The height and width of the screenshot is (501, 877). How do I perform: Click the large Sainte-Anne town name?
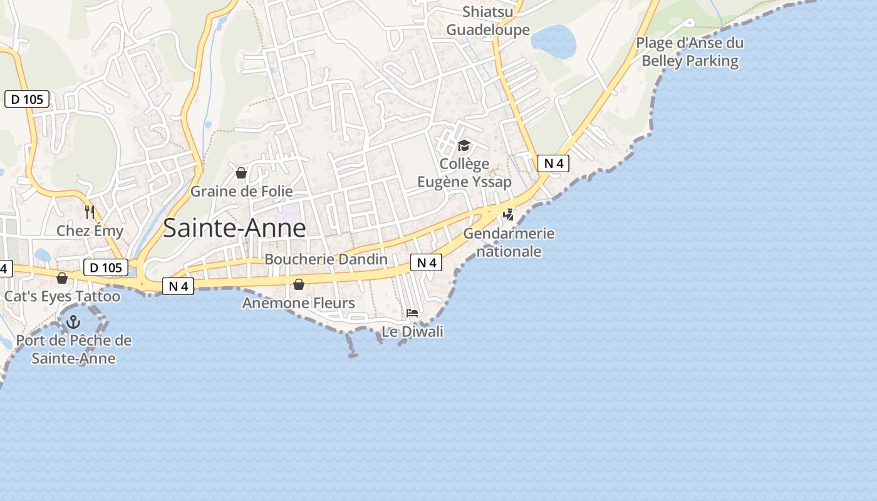pos(234,229)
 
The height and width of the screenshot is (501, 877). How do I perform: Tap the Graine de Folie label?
pos(241,191)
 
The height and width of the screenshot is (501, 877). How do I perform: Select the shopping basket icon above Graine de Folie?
pos(241,173)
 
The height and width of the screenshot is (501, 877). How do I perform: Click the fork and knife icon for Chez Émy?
pos(90,212)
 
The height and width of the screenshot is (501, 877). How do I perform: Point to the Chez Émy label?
pos(90,230)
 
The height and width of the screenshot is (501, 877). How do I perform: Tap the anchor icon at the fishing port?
pos(74,323)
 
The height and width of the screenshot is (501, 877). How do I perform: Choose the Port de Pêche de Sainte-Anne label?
pos(74,349)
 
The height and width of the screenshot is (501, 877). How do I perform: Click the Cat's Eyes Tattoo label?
pos(62,296)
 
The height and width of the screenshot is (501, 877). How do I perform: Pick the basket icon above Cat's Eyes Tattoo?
pos(62,277)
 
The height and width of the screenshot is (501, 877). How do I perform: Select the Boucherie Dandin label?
pos(326,259)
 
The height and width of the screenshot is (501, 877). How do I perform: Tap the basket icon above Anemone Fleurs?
pos(299,285)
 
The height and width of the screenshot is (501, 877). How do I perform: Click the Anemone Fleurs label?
pos(299,303)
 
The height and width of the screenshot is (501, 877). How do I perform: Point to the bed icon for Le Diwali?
pos(412,313)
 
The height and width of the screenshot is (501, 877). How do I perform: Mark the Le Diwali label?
pos(412,331)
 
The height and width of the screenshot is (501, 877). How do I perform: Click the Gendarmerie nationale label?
pos(509,242)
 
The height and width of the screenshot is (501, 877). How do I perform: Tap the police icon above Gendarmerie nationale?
pos(509,215)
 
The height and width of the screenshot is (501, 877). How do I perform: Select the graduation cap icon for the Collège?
pos(464,146)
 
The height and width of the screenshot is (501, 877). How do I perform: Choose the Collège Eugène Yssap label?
pos(465,173)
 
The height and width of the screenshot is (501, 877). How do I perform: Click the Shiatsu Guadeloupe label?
pos(488,21)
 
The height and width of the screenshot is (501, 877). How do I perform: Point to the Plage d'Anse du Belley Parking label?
pos(690,52)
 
